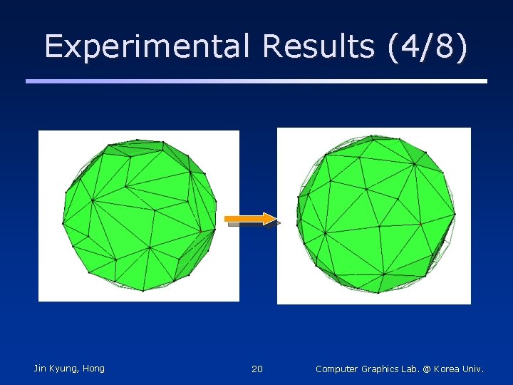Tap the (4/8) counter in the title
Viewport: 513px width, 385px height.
click(x=427, y=46)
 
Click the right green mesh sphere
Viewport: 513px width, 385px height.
click(x=375, y=214)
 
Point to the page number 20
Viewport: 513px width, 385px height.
click(x=257, y=369)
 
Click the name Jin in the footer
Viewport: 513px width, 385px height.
click(x=41, y=368)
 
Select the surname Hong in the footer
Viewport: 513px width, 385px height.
click(x=93, y=369)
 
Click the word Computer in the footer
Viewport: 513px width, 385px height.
click(x=338, y=369)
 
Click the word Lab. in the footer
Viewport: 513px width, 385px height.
click(x=413, y=369)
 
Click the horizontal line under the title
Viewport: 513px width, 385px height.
click(x=256, y=81)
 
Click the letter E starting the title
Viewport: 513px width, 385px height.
click(x=53, y=46)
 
